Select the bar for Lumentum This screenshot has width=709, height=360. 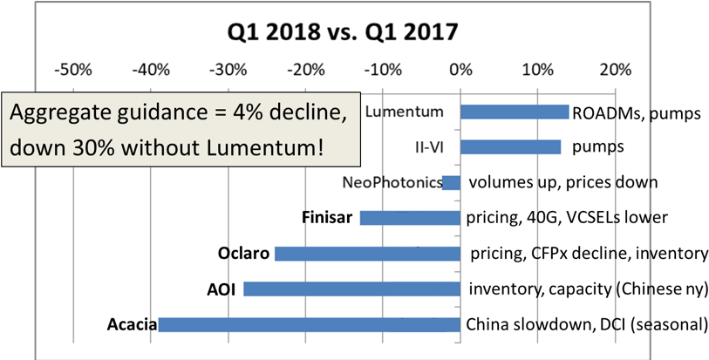click(515, 112)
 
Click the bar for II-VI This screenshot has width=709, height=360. click(510, 147)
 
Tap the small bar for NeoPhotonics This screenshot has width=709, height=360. click(452, 183)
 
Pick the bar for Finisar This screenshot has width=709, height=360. click(410, 218)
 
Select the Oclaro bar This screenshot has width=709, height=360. click(367, 254)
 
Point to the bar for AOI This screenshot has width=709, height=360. click(351, 289)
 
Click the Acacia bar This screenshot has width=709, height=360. click(309, 325)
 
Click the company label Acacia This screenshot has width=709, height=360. click(132, 325)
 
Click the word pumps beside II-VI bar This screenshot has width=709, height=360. click(597, 147)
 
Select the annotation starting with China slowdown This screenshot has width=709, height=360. click(558, 325)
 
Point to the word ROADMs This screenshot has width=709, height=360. click(608, 112)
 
